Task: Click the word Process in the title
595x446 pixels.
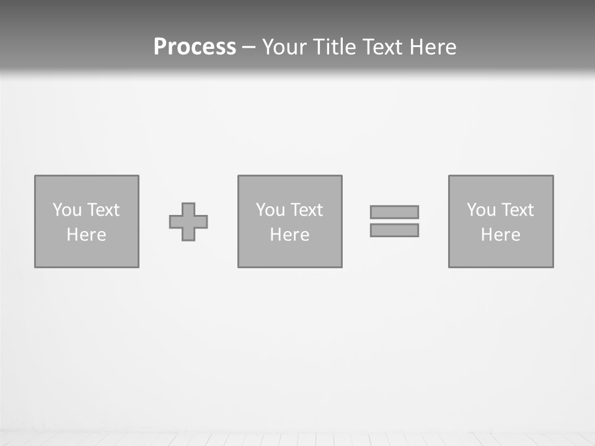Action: pyautogui.click(x=195, y=47)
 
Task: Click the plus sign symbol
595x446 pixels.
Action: pyautogui.click(x=188, y=222)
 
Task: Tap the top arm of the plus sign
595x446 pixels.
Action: pyautogui.click(x=188, y=209)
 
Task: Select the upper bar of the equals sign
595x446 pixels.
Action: pyautogui.click(x=394, y=212)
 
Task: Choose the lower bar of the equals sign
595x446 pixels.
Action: pyautogui.click(x=394, y=230)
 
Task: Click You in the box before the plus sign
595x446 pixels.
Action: pyautogui.click(x=67, y=210)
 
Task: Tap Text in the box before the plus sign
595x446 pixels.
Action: pyautogui.click(x=102, y=210)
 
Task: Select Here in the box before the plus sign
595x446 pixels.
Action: pyautogui.click(x=87, y=235)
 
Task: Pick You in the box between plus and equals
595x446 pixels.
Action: pyautogui.click(x=270, y=210)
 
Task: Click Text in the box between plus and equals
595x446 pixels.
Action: pyautogui.click(x=306, y=210)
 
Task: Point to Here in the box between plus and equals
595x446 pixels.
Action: pyautogui.click(x=290, y=235)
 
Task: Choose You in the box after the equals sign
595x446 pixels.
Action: pyautogui.click(x=481, y=210)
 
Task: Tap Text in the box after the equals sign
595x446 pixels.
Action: pyautogui.click(x=516, y=210)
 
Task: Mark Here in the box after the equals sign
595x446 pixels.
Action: pyautogui.click(x=501, y=235)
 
